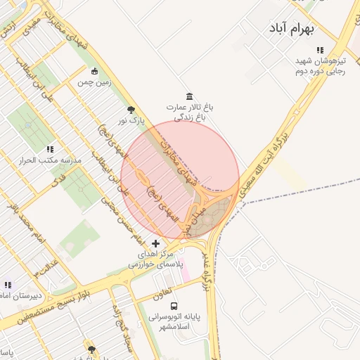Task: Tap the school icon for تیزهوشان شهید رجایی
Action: pyautogui.click(x=320, y=51)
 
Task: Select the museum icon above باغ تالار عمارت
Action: pyautogui.click(x=189, y=96)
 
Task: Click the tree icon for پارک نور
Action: pyautogui.click(x=131, y=109)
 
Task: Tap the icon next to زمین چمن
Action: pyautogui.click(x=94, y=70)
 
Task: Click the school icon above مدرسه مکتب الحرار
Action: pyautogui.click(x=50, y=149)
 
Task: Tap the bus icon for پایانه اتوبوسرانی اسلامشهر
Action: pyautogui.click(x=174, y=306)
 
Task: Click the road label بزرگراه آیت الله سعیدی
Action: pyautogui.click(x=268, y=160)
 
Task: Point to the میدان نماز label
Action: pyautogui.click(x=186, y=219)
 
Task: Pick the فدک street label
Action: pyautogui.click(x=60, y=179)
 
